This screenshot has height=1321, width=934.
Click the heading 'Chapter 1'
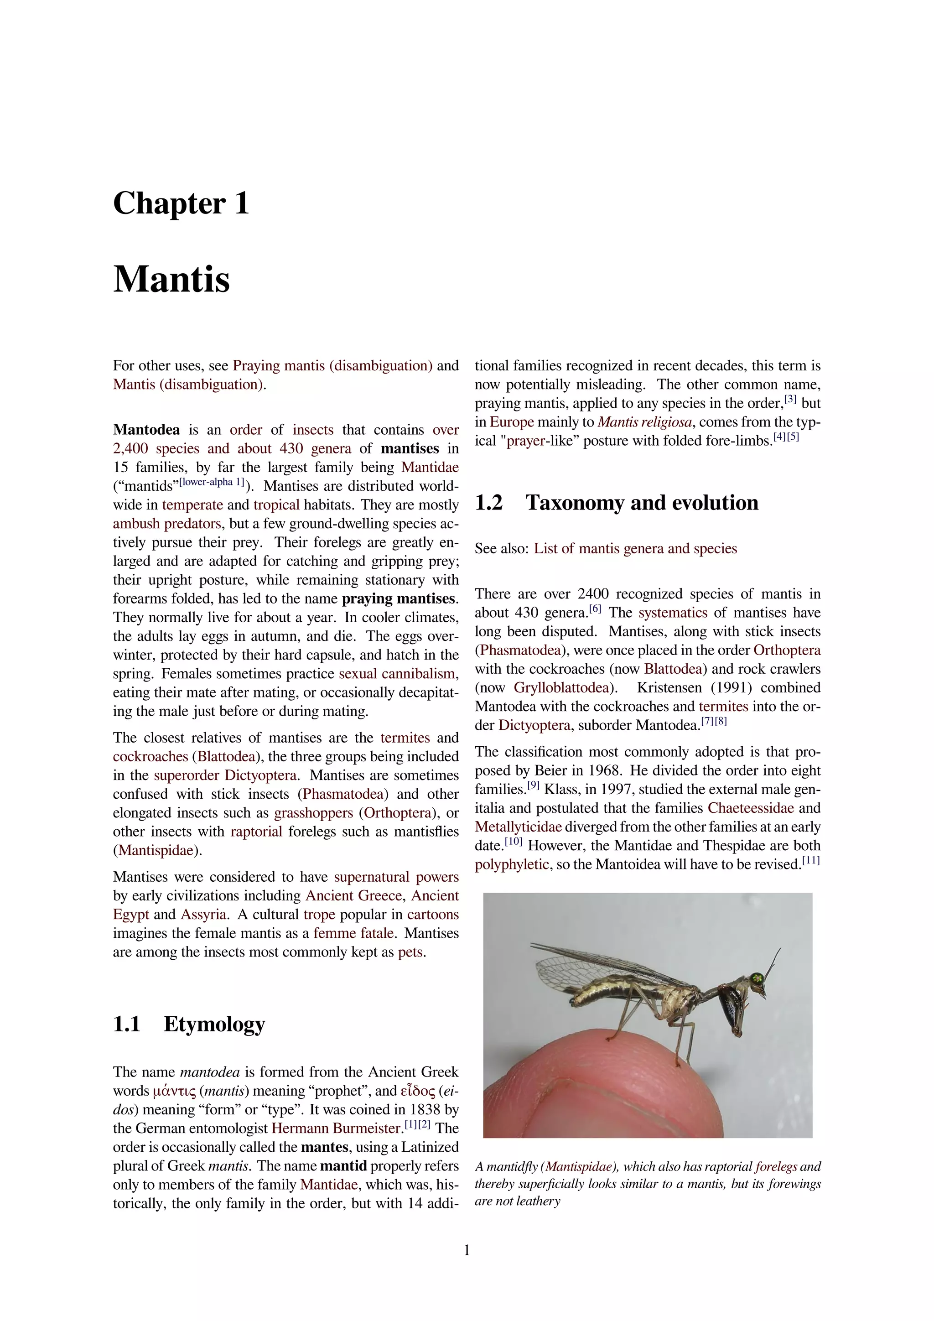point(181,204)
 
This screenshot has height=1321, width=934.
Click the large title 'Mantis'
point(171,280)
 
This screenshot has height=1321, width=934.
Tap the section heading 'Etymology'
point(214,1024)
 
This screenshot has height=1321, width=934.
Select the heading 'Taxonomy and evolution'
point(642,503)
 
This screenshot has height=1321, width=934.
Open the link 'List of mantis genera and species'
point(635,548)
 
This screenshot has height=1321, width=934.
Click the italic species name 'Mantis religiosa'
point(644,422)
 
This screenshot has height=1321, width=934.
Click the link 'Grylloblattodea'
point(561,688)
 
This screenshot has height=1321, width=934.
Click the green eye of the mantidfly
point(758,978)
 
